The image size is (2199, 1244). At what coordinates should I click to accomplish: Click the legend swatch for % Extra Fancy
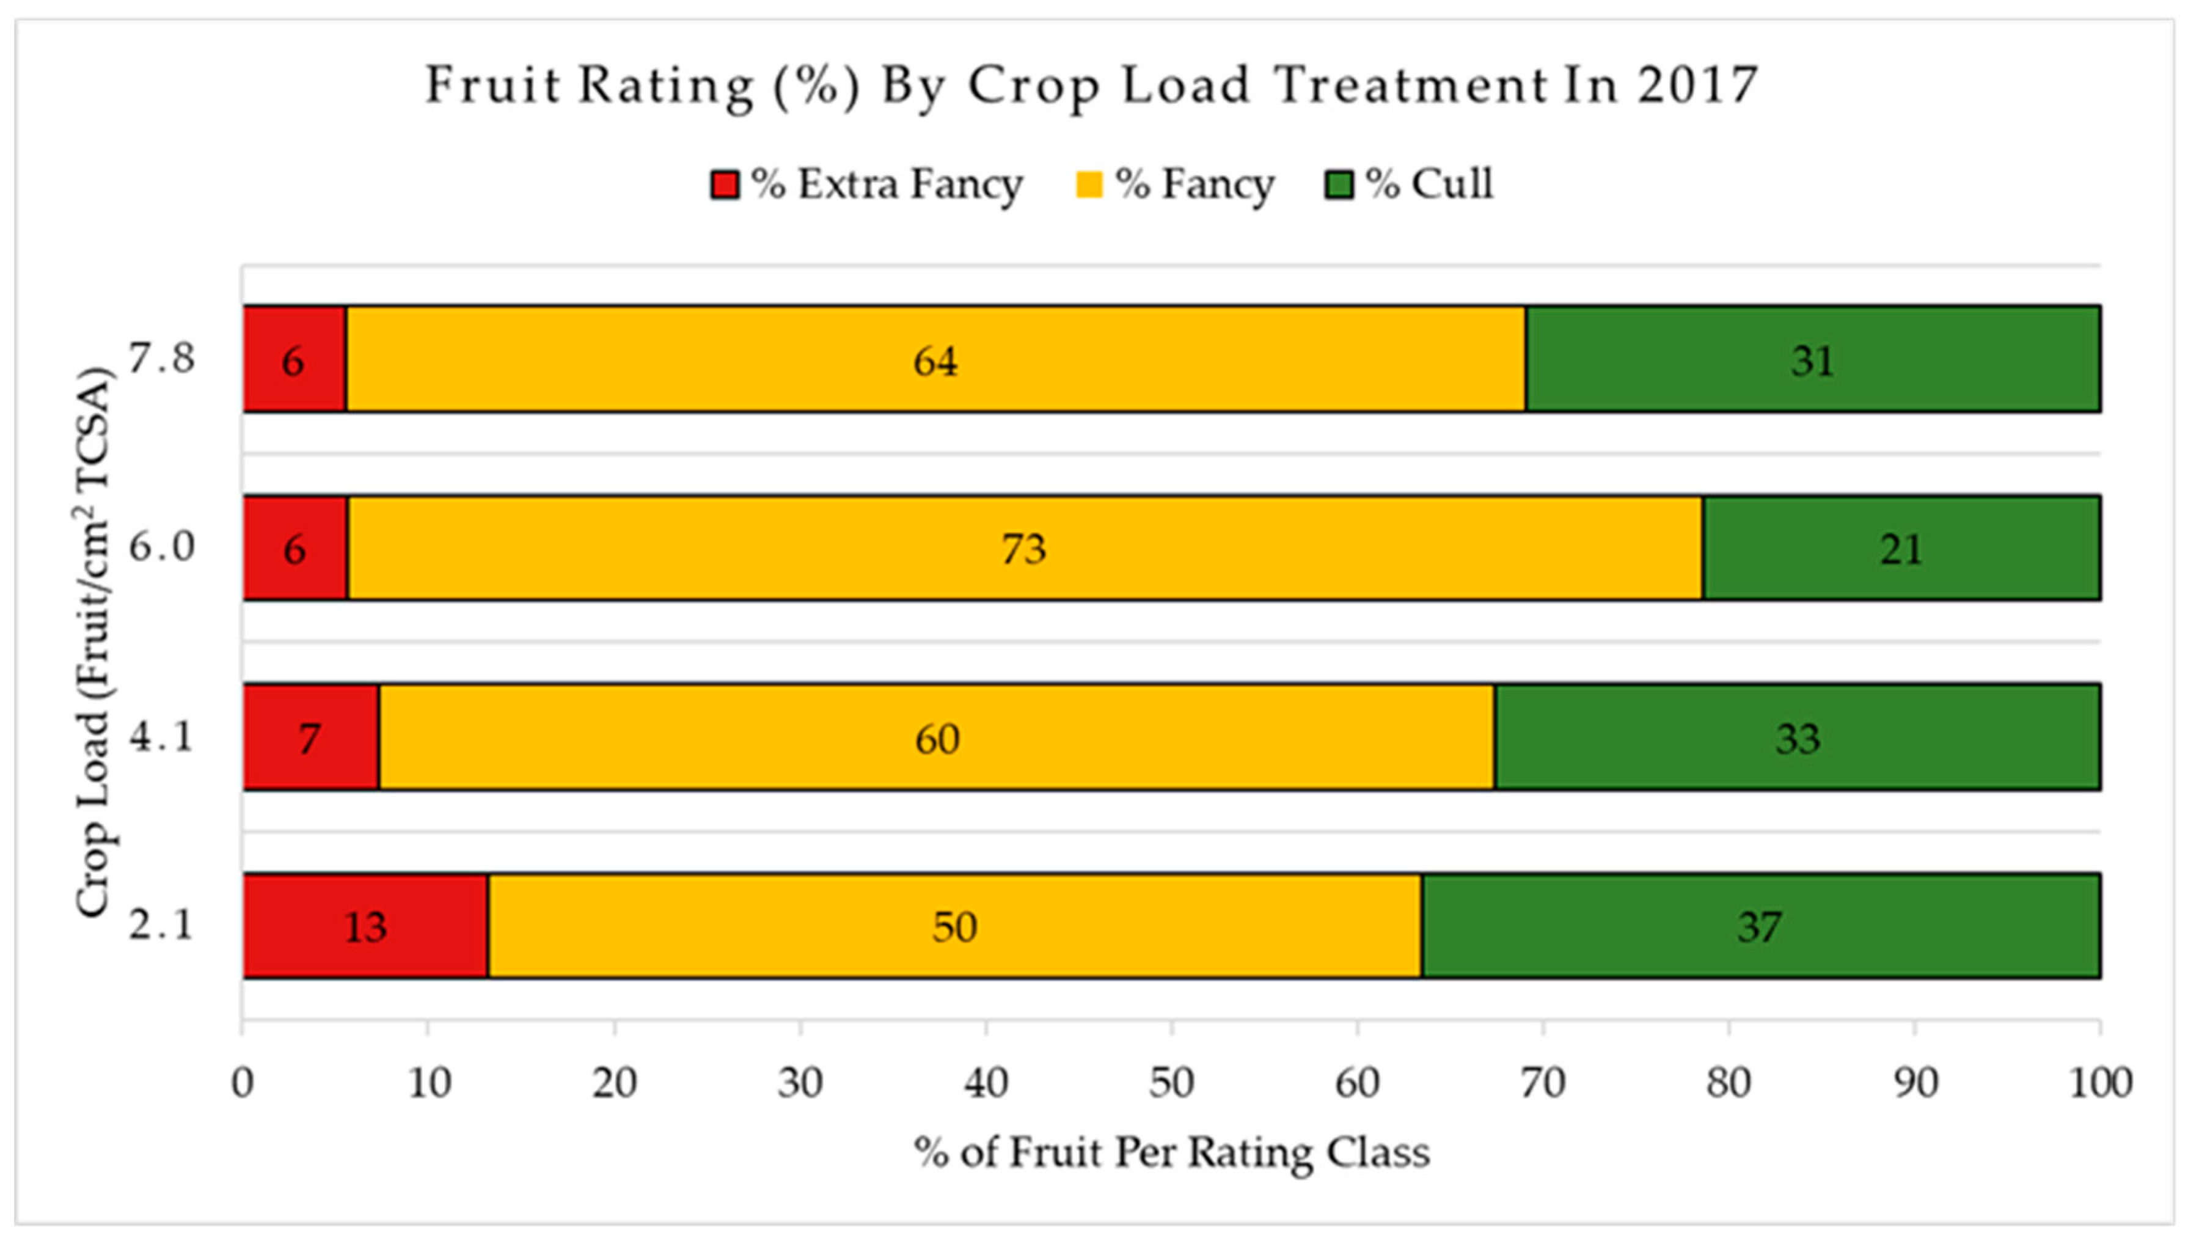725,185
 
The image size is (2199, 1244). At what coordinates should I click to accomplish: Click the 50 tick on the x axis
1171,1083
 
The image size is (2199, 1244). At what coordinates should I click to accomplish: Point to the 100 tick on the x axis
2099,1083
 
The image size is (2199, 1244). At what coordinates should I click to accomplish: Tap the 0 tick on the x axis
243,1083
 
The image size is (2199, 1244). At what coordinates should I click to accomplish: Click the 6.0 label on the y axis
161,547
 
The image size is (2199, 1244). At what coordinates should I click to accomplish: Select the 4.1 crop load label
161,736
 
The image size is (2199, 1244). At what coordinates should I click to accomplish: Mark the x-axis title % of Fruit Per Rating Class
1171,1152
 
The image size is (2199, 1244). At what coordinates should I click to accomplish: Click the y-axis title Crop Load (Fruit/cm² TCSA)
94,641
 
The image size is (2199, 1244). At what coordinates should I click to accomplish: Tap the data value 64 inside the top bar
935,360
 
